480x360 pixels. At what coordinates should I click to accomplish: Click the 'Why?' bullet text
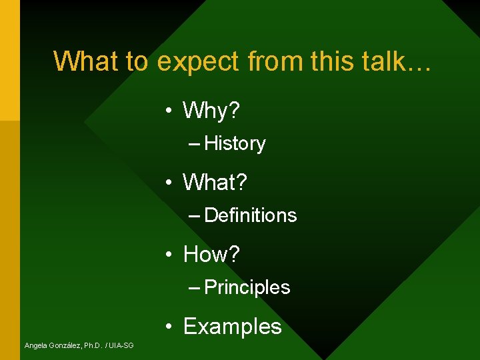click(x=211, y=111)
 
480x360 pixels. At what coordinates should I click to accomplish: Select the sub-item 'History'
click(x=235, y=143)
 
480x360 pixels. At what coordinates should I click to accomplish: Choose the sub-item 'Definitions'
click(x=251, y=215)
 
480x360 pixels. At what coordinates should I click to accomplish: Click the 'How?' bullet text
click(x=211, y=254)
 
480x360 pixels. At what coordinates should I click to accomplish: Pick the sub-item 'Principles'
click(x=247, y=287)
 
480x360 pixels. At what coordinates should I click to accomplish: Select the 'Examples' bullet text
click(x=232, y=327)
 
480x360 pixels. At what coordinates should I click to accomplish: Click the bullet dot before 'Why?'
click(x=171, y=111)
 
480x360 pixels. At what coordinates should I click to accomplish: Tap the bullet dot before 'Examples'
click(x=171, y=327)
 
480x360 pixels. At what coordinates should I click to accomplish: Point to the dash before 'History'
click(x=195, y=144)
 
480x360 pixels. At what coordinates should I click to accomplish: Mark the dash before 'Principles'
click(x=195, y=288)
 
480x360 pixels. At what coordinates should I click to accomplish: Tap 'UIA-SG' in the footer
click(x=121, y=345)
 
